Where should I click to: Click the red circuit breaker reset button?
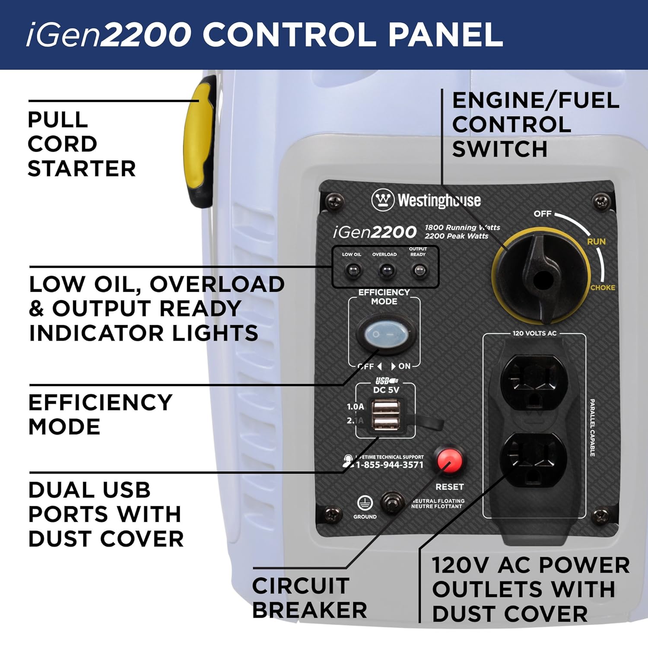[x=449, y=461]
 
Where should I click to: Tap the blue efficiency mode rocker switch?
[x=386, y=334]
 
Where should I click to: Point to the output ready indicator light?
[x=419, y=271]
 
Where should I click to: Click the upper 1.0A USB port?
[x=386, y=407]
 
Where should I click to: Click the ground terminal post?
[x=391, y=503]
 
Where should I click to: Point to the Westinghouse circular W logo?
[x=382, y=200]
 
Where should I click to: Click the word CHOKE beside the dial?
[x=603, y=287]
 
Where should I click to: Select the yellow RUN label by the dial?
[x=596, y=241]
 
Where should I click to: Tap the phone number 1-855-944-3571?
[x=389, y=465]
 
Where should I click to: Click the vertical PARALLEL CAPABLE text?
[x=592, y=427]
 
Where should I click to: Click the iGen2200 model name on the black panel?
[x=375, y=232]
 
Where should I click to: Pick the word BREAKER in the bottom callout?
[x=310, y=610]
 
